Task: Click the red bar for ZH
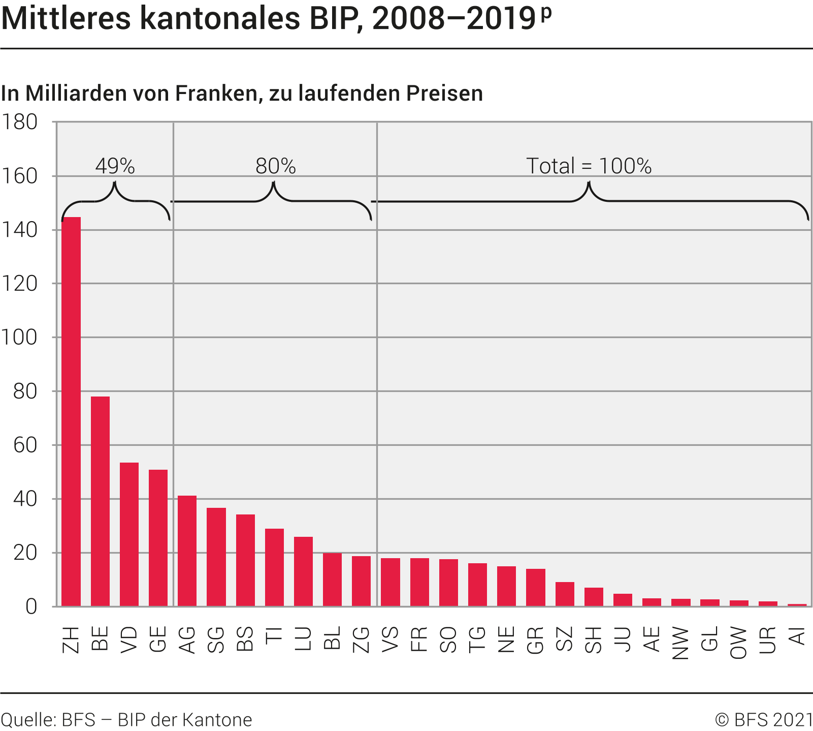point(71,412)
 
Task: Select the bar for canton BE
point(100,501)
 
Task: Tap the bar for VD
point(129,534)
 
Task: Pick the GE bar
point(158,538)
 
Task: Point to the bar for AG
point(187,551)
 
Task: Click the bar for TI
point(274,567)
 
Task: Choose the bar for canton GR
point(535,588)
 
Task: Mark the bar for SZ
point(565,594)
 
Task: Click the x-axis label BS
point(245,639)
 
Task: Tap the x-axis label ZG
point(361,639)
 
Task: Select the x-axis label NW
point(680,643)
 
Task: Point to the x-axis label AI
point(797,636)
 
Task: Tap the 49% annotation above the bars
point(115,166)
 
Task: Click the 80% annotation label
point(275,166)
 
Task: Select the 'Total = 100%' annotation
point(589,166)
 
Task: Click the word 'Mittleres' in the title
point(66,19)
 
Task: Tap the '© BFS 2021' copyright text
point(764,720)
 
